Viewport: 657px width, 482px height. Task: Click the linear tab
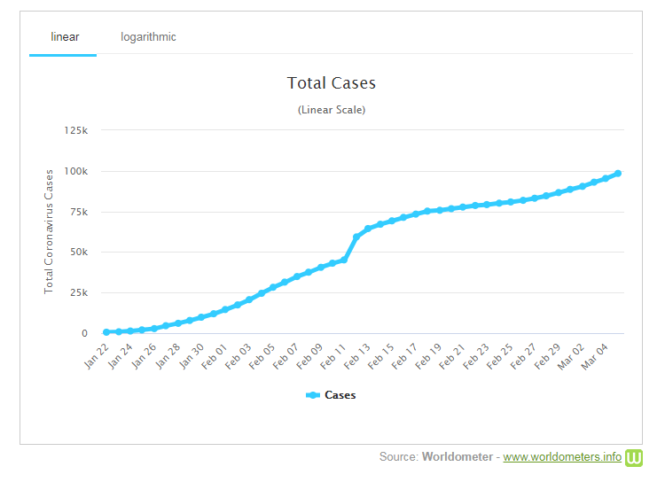tap(64, 37)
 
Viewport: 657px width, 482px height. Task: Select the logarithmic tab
tap(148, 37)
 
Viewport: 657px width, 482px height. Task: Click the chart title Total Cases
tap(332, 83)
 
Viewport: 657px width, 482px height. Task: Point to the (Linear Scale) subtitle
tap(332, 110)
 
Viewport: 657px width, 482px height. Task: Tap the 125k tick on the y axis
tap(74, 131)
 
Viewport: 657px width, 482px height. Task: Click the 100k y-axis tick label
tap(74, 171)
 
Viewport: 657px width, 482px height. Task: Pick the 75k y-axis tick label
tap(77, 212)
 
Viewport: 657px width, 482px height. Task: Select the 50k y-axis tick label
tap(77, 253)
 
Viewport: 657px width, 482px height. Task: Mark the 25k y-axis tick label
tap(77, 293)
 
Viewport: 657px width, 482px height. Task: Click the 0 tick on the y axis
tap(84, 334)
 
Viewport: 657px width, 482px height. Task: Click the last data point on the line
tap(618, 174)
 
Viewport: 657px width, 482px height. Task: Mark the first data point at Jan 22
tap(106, 332)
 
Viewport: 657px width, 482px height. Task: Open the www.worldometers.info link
tap(562, 457)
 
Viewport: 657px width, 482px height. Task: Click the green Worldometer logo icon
tap(634, 457)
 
